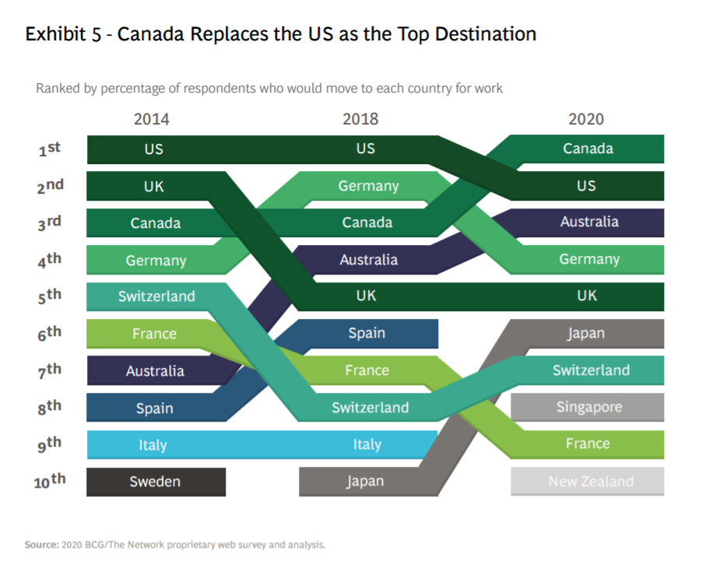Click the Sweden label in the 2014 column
(x=155, y=482)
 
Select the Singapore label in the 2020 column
(x=588, y=407)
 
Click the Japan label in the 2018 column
(x=365, y=482)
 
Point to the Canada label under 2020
(x=588, y=149)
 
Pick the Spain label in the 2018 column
(x=366, y=333)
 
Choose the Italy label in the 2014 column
(x=153, y=445)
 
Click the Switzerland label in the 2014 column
(x=156, y=296)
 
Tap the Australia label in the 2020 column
(x=589, y=222)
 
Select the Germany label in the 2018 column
(x=368, y=186)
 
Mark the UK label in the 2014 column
(x=153, y=186)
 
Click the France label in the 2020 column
(x=588, y=444)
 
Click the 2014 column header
(x=151, y=119)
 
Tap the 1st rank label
(x=50, y=149)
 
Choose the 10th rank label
(x=49, y=482)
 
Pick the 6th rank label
(x=50, y=333)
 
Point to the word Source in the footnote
(x=41, y=545)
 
